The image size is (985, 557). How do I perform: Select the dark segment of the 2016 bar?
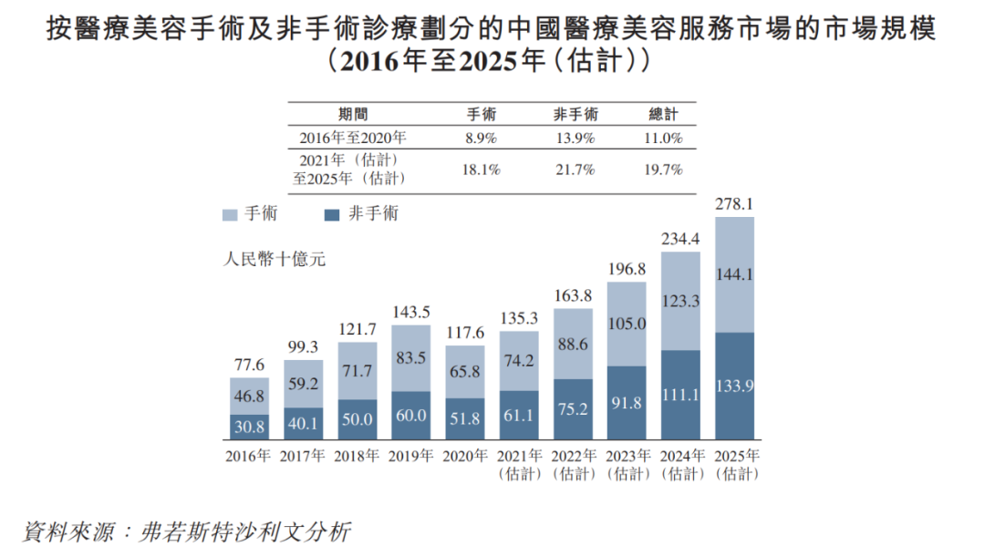(249, 426)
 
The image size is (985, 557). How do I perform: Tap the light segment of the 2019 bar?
(411, 358)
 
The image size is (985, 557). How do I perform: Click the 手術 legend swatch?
(230, 214)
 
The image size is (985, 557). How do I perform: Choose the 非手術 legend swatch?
(332, 214)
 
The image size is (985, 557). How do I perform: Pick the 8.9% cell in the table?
(481, 139)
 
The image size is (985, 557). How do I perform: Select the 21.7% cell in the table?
(575, 170)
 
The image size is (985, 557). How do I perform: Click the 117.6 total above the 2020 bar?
(465, 333)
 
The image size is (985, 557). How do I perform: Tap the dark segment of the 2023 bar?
(627, 403)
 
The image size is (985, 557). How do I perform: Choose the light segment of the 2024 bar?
(680, 302)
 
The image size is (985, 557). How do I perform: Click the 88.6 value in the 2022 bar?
(573, 345)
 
